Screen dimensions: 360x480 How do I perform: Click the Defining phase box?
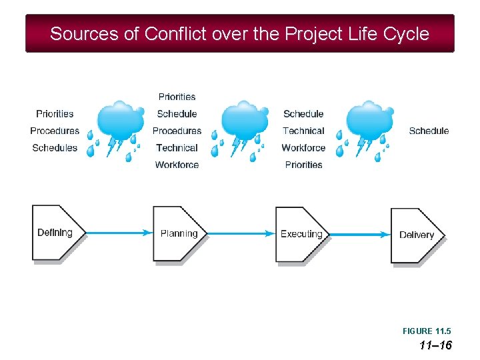click(57, 233)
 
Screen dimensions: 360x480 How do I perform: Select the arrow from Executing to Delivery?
click(360, 234)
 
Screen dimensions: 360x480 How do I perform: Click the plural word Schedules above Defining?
click(55, 148)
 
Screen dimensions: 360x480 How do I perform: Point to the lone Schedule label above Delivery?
click(429, 131)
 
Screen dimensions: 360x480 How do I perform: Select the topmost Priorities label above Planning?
click(177, 97)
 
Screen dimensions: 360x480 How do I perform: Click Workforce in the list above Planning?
click(177, 165)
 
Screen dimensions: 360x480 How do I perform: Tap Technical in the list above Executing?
click(303, 131)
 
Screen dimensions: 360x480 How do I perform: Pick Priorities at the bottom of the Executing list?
click(303, 165)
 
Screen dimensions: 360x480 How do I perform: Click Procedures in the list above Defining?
click(55, 131)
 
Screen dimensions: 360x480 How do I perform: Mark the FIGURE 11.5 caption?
click(427, 331)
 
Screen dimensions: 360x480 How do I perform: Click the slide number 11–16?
click(435, 345)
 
